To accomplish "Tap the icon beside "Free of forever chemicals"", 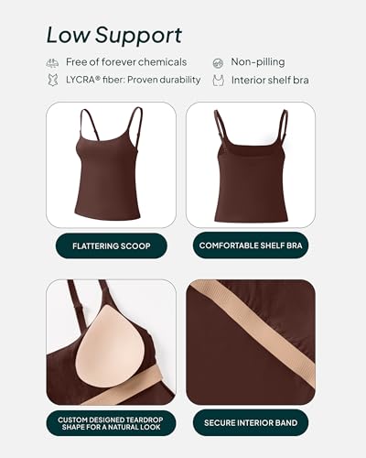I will pos(52,62).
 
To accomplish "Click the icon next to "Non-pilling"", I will pos(218,62).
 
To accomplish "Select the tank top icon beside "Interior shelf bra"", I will pos(218,81).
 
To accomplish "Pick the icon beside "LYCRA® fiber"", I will pos(52,81).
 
